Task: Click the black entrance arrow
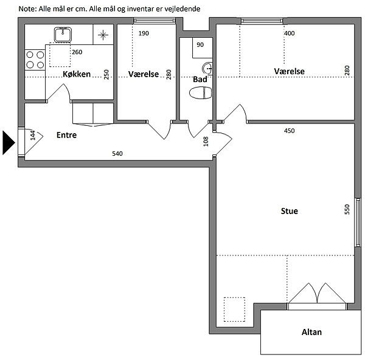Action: click(x=9, y=143)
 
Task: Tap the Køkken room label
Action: click(x=77, y=74)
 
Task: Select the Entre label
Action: click(x=66, y=135)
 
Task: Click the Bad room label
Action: click(x=200, y=79)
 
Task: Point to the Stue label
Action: click(x=290, y=211)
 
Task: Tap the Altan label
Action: click(x=311, y=332)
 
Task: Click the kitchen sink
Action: click(x=63, y=35)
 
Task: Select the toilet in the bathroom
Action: click(x=200, y=92)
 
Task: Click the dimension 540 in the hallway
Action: click(x=117, y=154)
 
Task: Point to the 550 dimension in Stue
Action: click(x=347, y=209)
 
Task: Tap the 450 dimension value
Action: click(x=290, y=131)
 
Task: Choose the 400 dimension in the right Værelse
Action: click(x=290, y=33)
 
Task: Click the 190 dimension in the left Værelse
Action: click(x=144, y=33)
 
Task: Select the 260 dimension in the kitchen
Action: click(x=77, y=52)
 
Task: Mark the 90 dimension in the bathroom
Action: click(x=200, y=44)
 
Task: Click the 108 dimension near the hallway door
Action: click(x=206, y=142)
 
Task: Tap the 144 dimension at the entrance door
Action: click(x=33, y=136)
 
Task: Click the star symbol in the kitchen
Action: click(x=103, y=35)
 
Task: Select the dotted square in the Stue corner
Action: click(x=234, y=310)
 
